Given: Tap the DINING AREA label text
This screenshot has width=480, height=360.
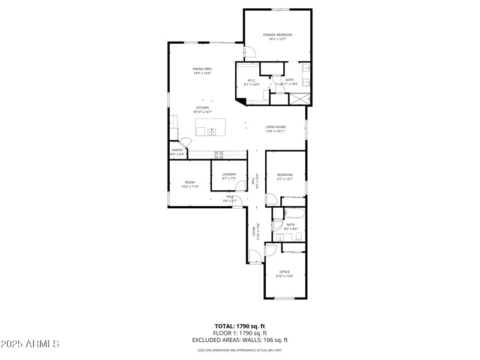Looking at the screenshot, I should tap(202, 69).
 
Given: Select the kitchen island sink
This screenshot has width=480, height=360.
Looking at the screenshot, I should tap(212, 131).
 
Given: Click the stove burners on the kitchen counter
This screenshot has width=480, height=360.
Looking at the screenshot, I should tap(219, 155).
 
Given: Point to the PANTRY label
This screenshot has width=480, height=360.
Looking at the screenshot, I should tap(177, 150).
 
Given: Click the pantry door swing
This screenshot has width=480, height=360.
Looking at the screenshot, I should tap(187, 142).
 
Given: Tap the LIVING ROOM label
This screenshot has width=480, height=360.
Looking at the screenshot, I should tap(275, 127).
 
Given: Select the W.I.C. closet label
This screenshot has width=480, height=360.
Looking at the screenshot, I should tap(252, 80).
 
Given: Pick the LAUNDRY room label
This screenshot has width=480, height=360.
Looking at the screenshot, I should tap(229, 175).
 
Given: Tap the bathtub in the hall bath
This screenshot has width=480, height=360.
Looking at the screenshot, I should tap(295, 214).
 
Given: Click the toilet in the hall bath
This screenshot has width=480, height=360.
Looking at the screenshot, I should tap(277, 225).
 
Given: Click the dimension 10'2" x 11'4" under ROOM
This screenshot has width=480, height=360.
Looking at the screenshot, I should tap(190, 187).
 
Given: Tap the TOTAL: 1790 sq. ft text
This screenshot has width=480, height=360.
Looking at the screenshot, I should tap(239, 326).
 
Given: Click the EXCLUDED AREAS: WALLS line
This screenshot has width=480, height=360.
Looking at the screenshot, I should tap(239, 340).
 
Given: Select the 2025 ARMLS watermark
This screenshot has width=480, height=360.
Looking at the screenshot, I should tap(30, 344).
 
